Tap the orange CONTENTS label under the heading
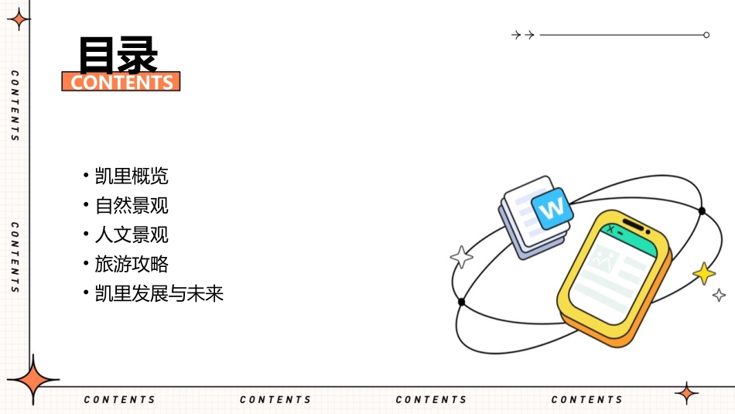click(x=121, y=82)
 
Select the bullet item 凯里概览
click(x=132, y=176)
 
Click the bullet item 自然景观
click(x=132, y=206)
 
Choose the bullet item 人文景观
click(x=132, y=235)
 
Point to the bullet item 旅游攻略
click(x=132, y=265)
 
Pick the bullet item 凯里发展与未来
click(x=159, y=294)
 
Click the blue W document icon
click(x=552, y=208)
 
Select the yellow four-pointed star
click(x=704, y=273)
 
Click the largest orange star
click(x=32, y=381)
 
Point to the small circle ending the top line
click(x=706, y=35)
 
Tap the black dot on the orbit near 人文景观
click(x=462, y=302)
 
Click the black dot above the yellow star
click(x=702, y=210)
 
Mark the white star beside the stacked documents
click(x=462, y=257)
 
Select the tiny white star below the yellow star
click(x=719, y=295)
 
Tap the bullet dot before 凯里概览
click(x=86, y=176)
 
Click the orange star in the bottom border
click(x=686, y=393)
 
